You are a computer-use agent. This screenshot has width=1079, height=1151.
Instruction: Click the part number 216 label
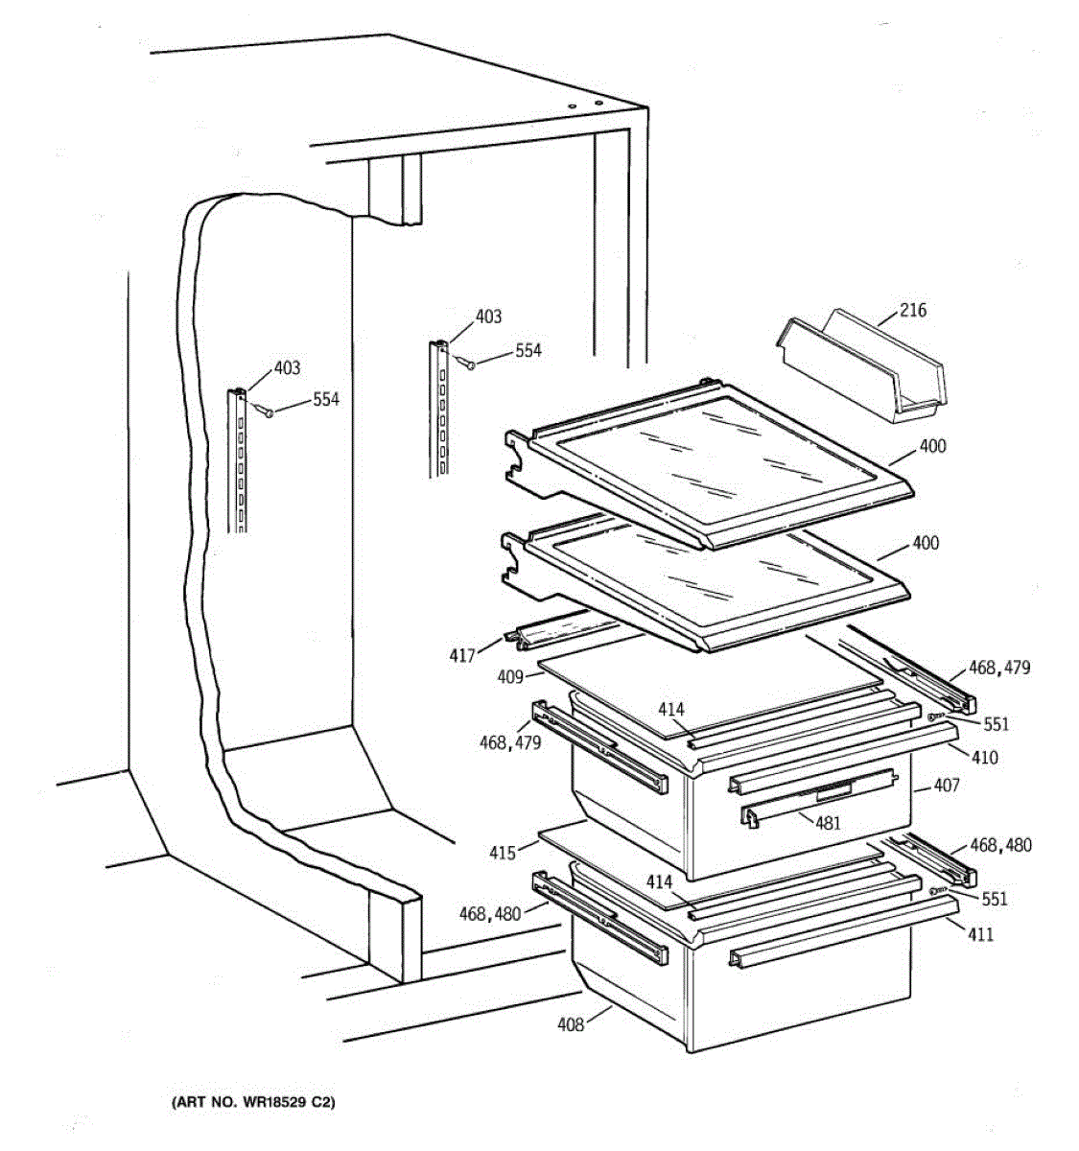pos(913,311)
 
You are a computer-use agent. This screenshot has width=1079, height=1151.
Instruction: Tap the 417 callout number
pos(462,656)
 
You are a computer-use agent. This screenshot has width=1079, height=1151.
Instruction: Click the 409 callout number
pos(510,677)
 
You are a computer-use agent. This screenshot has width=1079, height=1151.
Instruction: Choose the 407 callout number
pos(946,787)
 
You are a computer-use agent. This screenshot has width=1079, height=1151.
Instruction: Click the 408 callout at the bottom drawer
pos(571,1025)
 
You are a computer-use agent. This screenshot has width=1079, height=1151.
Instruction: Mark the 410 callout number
pos(984,758)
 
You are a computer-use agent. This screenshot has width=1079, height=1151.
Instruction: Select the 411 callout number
pos(980,934)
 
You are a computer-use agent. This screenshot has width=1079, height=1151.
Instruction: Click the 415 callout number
pos(503,852)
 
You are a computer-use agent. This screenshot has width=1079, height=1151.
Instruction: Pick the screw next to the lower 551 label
pos(934,892)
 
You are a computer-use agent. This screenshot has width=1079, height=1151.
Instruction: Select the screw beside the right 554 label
pos(471,364)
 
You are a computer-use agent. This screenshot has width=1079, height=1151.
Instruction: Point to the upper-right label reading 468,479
pos(999,668)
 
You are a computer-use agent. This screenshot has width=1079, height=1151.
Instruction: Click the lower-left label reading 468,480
pos(489,914)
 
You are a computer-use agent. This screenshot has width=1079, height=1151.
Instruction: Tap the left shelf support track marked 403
pos(237,460)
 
